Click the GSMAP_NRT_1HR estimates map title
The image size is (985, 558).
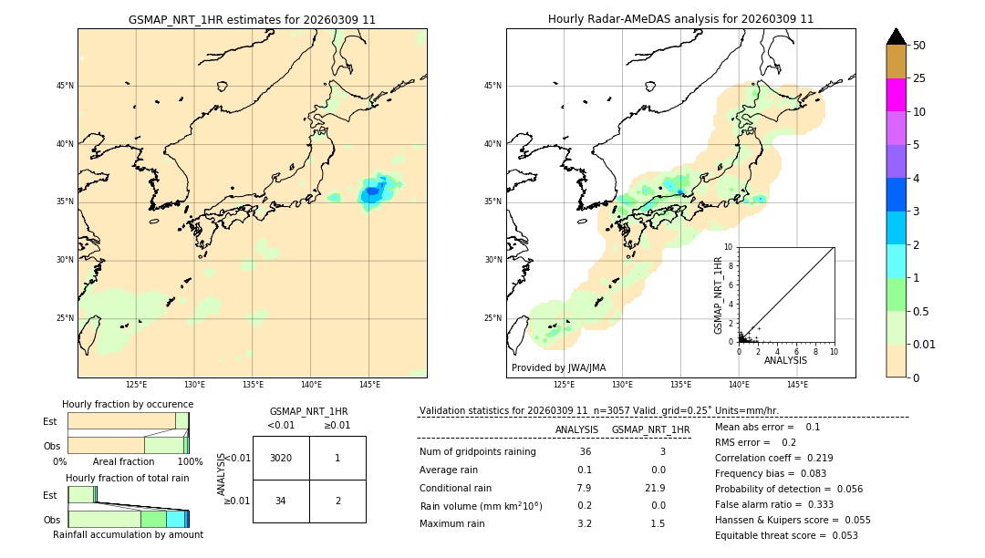[252, 19]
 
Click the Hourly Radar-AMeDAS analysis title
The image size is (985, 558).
[680, 19]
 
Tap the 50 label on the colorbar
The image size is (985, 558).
[919, 46]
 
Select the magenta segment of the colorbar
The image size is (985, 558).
[896, 95]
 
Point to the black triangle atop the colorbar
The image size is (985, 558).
[896, 36]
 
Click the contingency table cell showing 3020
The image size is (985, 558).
[281, 458]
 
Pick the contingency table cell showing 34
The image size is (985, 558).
[281, 501]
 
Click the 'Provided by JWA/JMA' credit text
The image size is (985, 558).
[558, 368]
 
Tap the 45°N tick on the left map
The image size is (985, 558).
[65, 86]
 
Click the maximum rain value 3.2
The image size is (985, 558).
[584, 523]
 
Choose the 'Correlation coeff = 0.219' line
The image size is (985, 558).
[773, 458]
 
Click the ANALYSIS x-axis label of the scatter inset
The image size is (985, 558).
[785, 360]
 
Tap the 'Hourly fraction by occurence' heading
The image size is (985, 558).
[128, 404]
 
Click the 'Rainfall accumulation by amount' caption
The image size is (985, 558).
[128, 534]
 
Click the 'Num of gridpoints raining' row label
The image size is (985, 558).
[478, 452]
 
